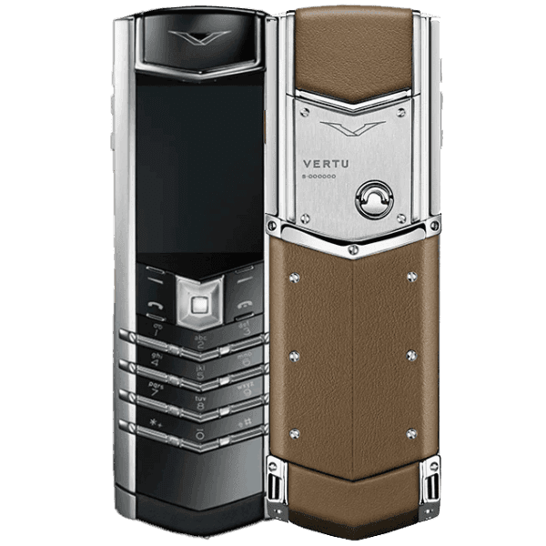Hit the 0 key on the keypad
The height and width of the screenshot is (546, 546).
199,435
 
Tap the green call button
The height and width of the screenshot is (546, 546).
155,306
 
